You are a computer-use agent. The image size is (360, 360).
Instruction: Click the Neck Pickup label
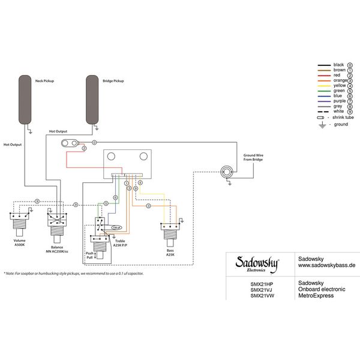click(45, 80)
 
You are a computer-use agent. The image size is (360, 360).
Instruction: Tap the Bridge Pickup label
click(113, 80)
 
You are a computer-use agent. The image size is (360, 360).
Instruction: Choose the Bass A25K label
click(170, 252)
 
